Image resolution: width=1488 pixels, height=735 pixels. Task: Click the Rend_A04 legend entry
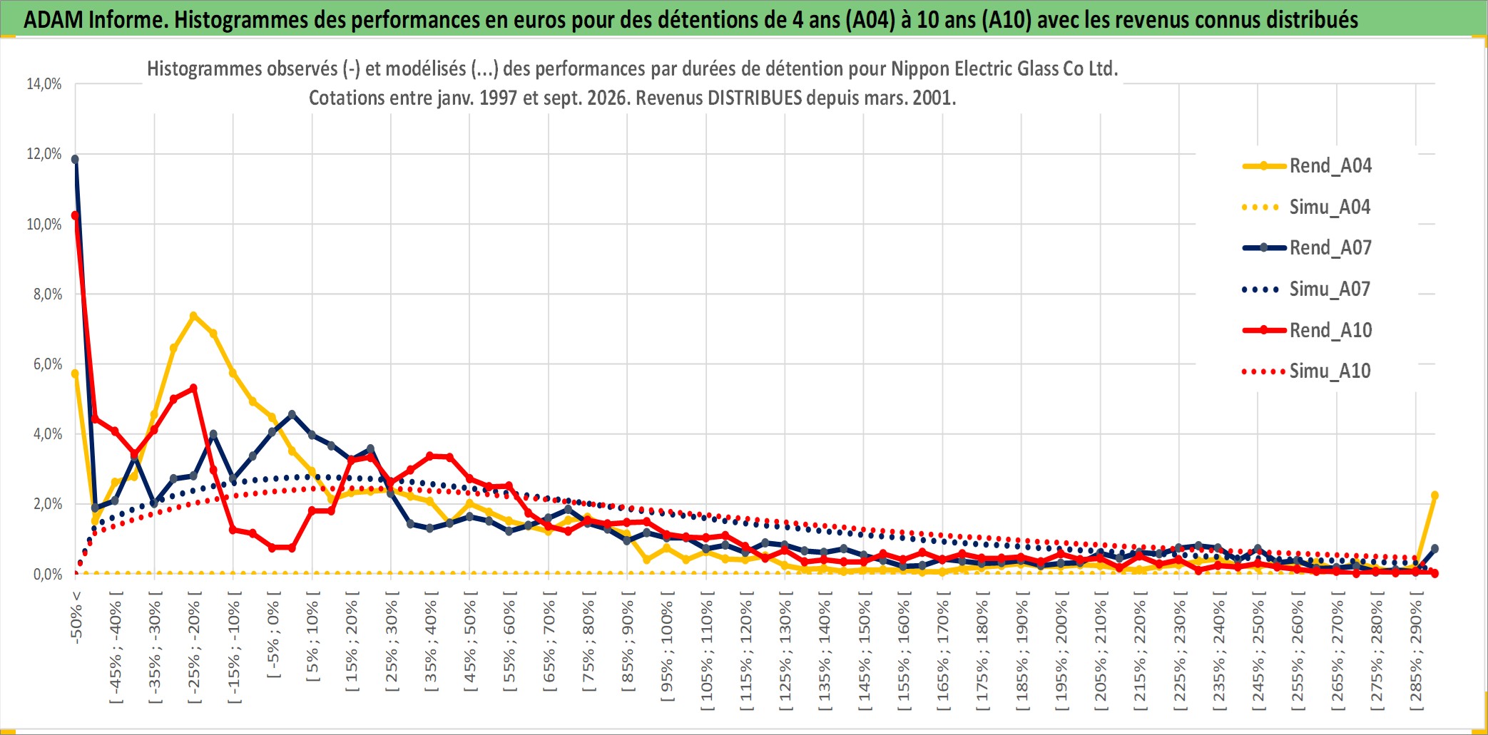1307,166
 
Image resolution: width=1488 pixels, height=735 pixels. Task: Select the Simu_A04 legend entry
1307,207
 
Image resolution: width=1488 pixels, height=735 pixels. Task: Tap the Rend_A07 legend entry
1307,248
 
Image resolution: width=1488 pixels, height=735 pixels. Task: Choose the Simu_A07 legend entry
1307,289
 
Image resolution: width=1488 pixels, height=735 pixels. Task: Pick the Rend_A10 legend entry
1307,330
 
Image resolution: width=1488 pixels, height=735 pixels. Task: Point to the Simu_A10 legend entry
1307,371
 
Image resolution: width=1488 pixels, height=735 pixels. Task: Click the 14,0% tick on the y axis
44,84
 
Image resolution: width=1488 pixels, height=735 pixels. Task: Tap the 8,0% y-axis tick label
48,294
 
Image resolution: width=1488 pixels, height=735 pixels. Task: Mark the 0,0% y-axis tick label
48,574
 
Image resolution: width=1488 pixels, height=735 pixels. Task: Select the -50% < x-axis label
76,617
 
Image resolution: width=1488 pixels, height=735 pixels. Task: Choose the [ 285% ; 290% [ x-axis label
1416,651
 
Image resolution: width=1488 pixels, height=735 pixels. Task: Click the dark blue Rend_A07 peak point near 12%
75,159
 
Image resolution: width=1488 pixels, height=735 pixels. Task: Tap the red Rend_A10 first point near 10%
75,215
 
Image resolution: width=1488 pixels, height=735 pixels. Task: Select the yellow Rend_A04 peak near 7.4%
193,315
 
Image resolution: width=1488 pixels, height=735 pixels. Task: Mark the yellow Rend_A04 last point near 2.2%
1435,495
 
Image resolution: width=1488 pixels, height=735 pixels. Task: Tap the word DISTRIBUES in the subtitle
755,98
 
